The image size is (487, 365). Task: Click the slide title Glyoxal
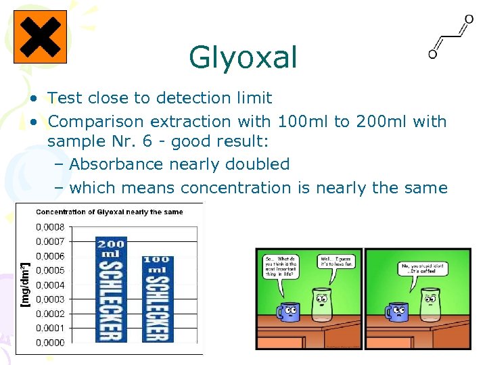point(243,57)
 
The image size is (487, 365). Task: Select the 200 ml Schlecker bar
point(111,289)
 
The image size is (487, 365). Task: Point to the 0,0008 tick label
point(50,227)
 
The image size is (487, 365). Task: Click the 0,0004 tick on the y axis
point(50,285)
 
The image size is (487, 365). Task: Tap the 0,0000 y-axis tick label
point(50,343)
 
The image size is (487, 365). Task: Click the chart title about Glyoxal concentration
point(110,212)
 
